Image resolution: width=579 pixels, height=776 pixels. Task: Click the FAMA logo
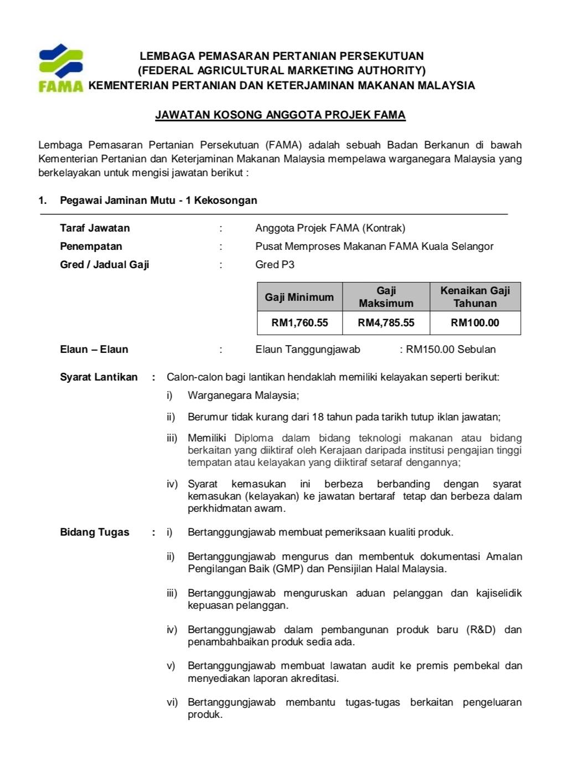click(x=61, y=68)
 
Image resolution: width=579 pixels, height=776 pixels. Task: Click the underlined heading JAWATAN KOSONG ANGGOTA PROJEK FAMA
click(x=280, y=115)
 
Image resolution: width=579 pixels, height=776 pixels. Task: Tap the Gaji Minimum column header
click(x=299, y=297)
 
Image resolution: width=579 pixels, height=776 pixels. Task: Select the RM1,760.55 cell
click(x=299, y=323)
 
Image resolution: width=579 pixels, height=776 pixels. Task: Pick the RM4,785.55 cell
click(x=386, y=323)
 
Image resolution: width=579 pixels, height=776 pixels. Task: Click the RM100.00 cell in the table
click(x=475, y=323)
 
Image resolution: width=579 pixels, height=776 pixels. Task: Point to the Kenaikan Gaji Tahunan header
click(x=475, y=297)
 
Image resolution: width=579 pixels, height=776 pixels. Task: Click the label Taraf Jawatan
click(x=95, y=228)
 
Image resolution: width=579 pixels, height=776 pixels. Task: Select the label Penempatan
click(x=91, y=246)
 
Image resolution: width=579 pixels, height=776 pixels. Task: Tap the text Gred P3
click(x=275, y=265)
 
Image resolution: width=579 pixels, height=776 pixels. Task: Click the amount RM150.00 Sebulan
click(x=451, y=350)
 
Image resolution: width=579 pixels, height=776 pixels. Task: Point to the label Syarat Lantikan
click(x=99, y=377)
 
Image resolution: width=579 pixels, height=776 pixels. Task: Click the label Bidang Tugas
click(x=95, y=532)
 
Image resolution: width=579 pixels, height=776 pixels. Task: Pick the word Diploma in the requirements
click(x=254, y=438)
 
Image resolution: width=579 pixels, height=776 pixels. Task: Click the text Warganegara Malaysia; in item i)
click(x=243, y=395)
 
